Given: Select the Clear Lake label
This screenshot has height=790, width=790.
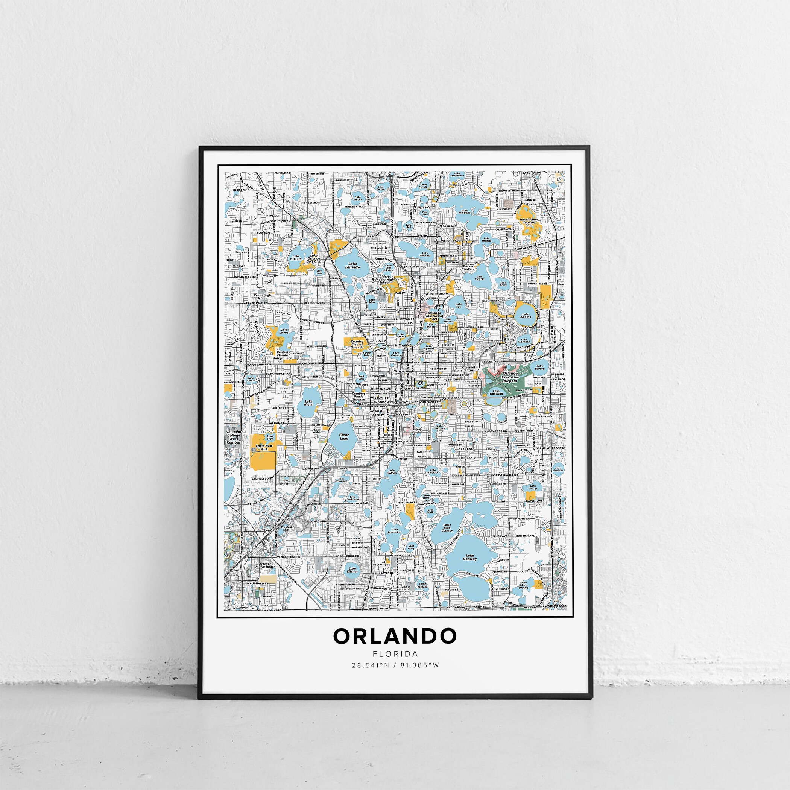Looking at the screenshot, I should (x=344, y=437).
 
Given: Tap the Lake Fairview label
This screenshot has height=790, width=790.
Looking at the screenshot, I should (x=352, y=265).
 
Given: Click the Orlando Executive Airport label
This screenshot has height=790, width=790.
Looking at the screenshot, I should (x=510, y=377).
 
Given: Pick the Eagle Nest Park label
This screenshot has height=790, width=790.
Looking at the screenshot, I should (x=264, y=447).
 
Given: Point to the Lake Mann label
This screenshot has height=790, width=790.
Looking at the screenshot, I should (x=309, y=403).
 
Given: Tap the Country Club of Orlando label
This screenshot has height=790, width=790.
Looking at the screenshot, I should (x=357, y=344).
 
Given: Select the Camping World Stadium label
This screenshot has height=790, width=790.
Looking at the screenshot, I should (x=359, y=396).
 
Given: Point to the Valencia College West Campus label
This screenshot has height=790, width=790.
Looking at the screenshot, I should (x=234, y=437).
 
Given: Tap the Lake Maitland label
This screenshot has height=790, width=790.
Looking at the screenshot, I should (x=464, y=211).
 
